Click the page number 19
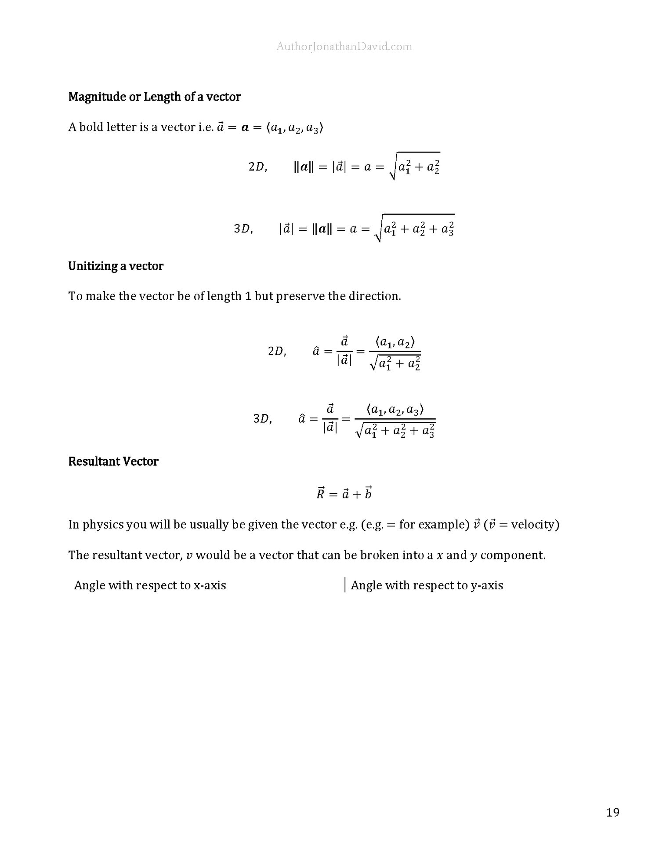click(x=612, y=813)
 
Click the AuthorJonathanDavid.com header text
click(x=344, y=47)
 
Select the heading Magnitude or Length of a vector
click(x=155, y=97)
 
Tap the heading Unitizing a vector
click(x=116, y=266)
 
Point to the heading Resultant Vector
click(x=113, y=461)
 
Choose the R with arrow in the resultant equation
click(x=320, y=494)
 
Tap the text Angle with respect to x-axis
click(x=150, y=585)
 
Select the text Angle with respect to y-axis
click(x=427, y=585)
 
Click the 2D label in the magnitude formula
click(x=257, y=167)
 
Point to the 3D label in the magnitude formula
click(x=243, y=229)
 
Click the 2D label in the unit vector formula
click(x=277, y=352)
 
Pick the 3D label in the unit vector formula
click(x=263, y=419)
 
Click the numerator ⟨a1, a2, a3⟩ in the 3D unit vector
click(x=395, y=410)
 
